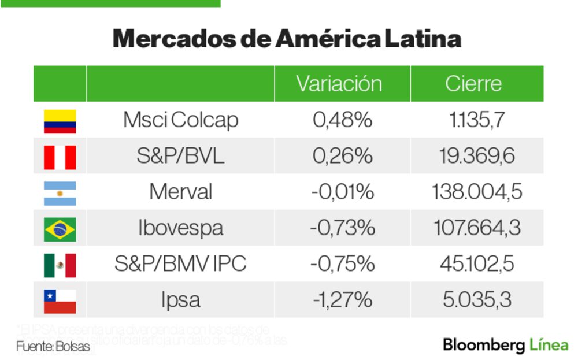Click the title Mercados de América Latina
(x=287, y=39)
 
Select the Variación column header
(x=339, y=84)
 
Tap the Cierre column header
(x=473, y=84)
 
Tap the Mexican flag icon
(x=60, y=265)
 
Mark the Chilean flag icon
(x=60, y=301)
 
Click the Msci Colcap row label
(x=180, y=120)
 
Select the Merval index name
(x=180, y=192)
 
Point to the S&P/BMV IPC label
(x=180, y=264)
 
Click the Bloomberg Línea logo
(x=505, y=346)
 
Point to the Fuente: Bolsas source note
(x=53, y=347)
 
